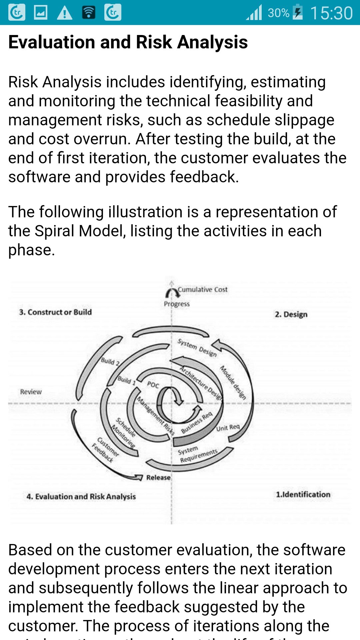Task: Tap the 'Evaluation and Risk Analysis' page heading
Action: (128, 42)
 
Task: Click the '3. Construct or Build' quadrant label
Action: (55, 312)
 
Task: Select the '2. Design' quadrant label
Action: (291, 314)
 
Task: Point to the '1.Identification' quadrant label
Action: (303, 495)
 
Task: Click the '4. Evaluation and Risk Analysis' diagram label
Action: (81, 497)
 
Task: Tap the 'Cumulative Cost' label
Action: (203, 289)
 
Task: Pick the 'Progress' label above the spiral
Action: (177, 304)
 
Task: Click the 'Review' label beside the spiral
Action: (31, 392)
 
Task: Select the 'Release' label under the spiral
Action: (158, 478)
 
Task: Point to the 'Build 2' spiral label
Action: (110, 362)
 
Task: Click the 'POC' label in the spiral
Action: (153, 385)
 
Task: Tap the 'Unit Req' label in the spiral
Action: (228, 427)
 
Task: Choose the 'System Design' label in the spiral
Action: (197, 348)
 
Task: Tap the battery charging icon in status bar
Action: (298, 12)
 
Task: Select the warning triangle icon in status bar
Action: (65, 13)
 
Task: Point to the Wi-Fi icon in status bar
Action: (89, 13)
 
